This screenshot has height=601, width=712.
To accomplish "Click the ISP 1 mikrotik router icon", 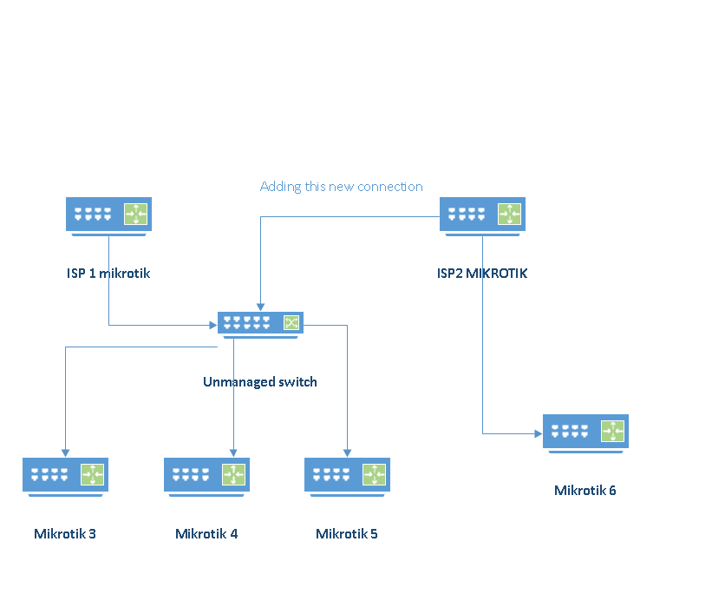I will tap(108, 214).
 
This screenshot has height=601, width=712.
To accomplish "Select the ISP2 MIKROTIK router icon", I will tap(482, 214).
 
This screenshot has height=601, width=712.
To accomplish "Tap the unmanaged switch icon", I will tap(260, 323).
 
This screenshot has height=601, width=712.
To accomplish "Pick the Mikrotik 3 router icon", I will tap(65, 475).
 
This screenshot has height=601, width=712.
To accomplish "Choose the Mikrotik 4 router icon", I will tap(206, 475).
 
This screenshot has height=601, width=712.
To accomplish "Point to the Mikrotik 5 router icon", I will tap(347, 475).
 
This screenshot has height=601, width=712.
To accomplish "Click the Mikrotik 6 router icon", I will tap(585, 432).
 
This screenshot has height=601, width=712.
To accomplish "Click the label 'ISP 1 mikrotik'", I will tap(108, 274).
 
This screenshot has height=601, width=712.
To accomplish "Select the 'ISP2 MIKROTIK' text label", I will tap(482, 274).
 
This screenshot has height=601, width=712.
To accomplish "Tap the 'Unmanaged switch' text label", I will tap(260, 382).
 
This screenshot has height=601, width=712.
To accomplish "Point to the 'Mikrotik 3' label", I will tap(65, 534).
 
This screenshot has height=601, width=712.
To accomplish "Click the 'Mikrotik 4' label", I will tap(206, 534).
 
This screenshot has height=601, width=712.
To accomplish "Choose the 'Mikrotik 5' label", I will tap(347, 534).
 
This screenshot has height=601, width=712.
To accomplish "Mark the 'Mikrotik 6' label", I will tap(585, 491).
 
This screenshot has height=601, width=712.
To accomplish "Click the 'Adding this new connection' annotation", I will tap(342, 187).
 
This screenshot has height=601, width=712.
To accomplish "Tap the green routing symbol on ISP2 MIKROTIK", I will tap(508, 213).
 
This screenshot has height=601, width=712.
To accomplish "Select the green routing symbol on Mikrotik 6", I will tap(611, 431).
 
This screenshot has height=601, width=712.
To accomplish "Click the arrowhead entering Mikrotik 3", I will tap(65, 452).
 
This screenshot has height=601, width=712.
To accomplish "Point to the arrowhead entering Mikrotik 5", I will tap(347, 452).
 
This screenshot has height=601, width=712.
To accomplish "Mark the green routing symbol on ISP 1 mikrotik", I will tap(135, 213).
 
